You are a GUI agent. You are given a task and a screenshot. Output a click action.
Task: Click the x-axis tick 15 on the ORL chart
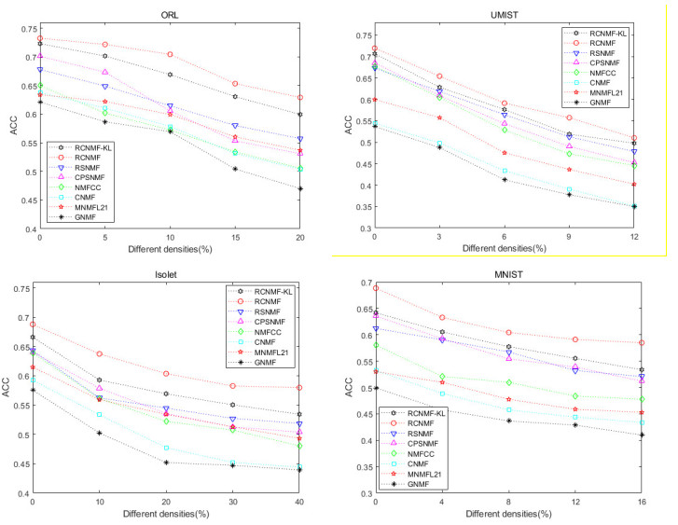[235, 239]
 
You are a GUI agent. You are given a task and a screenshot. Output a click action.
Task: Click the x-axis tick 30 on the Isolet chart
[235, 502]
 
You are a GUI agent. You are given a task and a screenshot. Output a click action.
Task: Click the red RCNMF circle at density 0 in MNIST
[376, 289]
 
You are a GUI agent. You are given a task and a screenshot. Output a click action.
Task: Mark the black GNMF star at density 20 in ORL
[300, 189]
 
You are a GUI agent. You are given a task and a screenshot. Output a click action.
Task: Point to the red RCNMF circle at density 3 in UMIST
[439, 76]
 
